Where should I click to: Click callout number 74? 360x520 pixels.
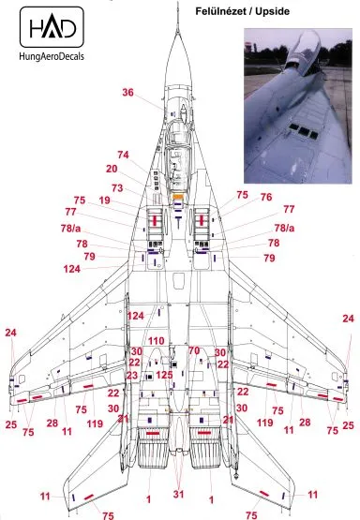(123, 155)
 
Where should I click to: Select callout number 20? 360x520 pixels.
(112, 170)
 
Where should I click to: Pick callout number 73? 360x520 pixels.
(117, 188)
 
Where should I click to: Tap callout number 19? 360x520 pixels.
(104, 201)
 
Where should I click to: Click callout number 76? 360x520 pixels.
(266, 198)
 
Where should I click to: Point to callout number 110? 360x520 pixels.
(156, 341)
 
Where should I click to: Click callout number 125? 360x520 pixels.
(164, 375)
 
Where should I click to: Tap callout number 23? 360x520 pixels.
(132, 375)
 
